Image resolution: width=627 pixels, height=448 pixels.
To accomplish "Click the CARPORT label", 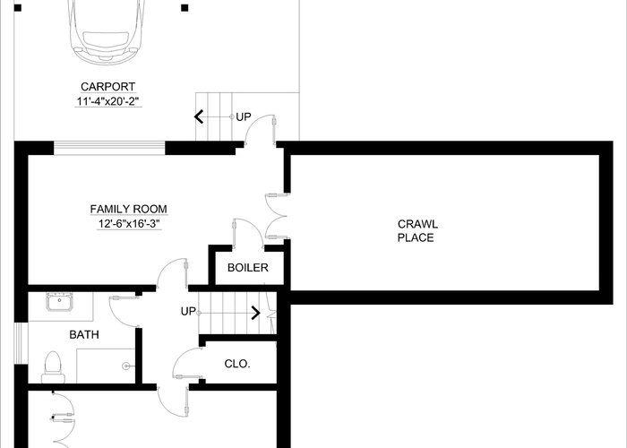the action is [108, 87].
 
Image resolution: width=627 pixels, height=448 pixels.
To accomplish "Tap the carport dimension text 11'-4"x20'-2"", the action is [108, 101].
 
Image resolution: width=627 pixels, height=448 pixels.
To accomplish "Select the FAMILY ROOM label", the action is [128, 209].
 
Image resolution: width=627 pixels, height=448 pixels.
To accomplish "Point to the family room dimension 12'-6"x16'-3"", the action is [129, 224].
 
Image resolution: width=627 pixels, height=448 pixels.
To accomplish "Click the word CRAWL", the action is [417, 224].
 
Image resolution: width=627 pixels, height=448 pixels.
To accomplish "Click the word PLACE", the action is [416, 238].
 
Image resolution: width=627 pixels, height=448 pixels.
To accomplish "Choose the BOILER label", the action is [248, 268].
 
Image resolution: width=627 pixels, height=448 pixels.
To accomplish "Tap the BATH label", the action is [84, 335].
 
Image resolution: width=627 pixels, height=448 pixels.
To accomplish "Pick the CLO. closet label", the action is [237, 364].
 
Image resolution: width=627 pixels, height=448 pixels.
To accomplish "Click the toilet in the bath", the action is [53, 367].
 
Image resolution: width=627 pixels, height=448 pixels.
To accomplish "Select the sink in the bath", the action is [59, 302].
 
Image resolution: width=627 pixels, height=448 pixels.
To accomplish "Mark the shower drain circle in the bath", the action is [127, 366].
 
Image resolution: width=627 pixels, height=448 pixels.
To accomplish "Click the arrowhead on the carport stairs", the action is [199, 116].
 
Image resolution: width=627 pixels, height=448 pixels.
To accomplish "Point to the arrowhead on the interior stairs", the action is [256, 313].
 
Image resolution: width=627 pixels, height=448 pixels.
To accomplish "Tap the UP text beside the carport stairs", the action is [244, 117].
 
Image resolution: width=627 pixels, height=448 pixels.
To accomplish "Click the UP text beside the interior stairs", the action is [188, 312].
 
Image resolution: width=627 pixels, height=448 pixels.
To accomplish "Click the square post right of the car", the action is [185, 7].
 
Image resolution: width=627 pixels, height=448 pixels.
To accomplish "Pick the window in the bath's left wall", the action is [19, 343].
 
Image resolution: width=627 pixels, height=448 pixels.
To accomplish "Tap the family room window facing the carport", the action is [109, 148].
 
